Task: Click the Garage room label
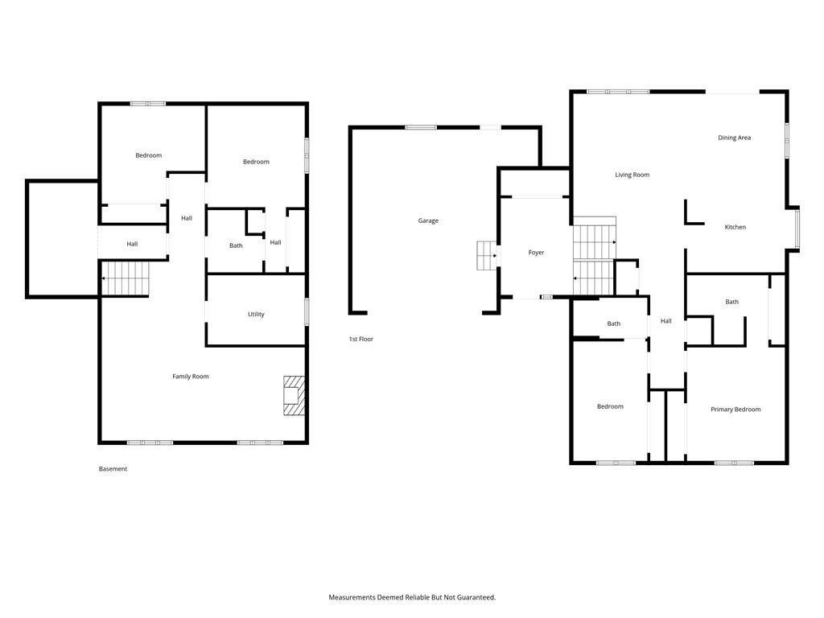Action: coord(428,220)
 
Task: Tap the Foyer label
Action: coord(536,252)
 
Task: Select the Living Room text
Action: coord(632,175)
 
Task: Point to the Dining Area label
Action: coord(734,138)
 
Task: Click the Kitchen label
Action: coord(735,227)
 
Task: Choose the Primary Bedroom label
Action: coord(735,410)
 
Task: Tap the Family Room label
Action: coord(190,377)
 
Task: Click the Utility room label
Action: coord(256,315)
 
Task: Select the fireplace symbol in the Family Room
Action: coord(294,395)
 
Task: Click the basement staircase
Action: coord(125,278)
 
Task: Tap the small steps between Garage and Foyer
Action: coord(487,255)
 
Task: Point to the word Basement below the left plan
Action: coord(113,469)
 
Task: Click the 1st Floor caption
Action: coord(361,339)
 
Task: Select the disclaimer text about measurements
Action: coord(412,597)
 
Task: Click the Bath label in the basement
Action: coord(236,245)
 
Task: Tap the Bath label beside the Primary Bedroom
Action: coord(732,302)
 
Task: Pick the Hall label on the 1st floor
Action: coord(665,320)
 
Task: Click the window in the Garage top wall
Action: coord(421,127)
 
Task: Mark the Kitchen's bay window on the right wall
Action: coord(797,229)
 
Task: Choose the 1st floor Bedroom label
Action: coord(610,406)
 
